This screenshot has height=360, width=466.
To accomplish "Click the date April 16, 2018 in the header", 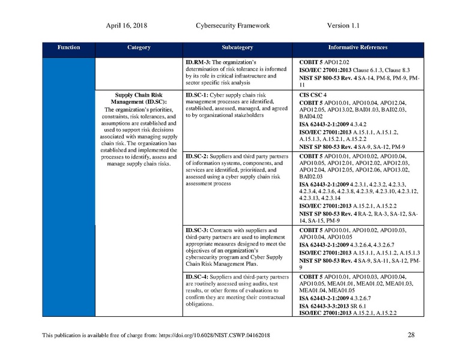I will coord(127,26).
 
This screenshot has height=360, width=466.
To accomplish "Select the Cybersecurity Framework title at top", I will coord(232,26).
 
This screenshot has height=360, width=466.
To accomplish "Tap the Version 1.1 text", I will coord(343,26).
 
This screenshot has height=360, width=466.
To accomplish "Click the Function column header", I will coord(68,47).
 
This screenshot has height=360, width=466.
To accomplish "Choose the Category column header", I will coord(139,47).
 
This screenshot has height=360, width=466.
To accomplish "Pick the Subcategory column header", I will coord(237,47).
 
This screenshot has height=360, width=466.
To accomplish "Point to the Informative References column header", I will coord(357,47).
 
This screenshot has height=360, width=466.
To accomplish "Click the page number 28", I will coord(411,335).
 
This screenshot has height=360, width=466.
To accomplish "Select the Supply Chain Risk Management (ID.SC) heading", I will coord(139,98).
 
